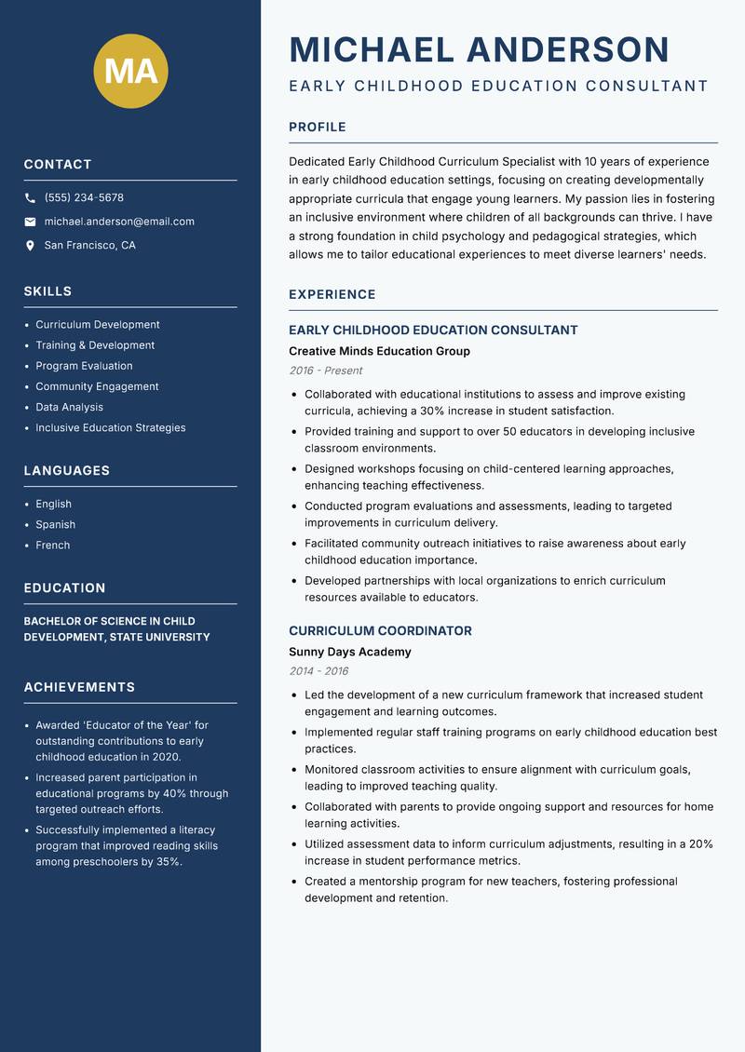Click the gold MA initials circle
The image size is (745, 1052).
point(130,70)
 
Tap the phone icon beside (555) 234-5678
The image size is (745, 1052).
point(30,198)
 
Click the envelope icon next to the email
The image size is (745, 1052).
point(30,222)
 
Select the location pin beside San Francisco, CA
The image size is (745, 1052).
point(30,246)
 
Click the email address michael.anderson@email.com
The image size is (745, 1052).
point(119,222)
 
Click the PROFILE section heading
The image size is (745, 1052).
point(318,128)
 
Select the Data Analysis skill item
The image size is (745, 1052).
point(70,407)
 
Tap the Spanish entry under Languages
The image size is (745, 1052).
point(56,524)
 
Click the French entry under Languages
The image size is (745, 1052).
point(53,545)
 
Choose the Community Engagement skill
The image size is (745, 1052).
point(97,386)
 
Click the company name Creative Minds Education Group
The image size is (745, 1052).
point(379,351)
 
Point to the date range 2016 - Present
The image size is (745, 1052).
point(325,371)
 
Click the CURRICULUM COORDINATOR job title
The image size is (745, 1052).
point(380,630)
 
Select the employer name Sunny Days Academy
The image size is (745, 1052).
point(349,652)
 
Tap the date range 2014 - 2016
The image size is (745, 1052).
point(318,671)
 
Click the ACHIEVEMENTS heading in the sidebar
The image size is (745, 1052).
point(79,687)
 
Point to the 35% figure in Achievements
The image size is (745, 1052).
point(168,862)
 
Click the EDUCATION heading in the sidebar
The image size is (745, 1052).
point(64,588)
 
